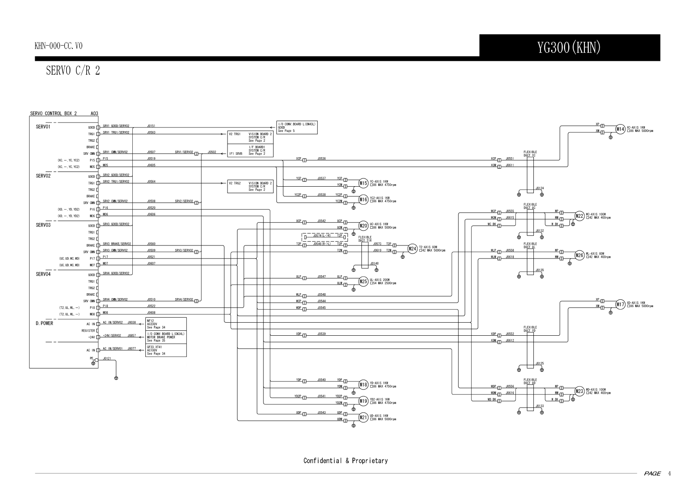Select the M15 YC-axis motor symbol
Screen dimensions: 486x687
point(364,183)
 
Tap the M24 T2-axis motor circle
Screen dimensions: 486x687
point(413,249)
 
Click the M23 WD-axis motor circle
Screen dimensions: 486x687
point(580,391)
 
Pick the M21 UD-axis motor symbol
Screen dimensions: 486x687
point(364,417)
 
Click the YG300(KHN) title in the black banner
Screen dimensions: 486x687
point(569,48)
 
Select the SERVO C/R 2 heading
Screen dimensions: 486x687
point(73,71)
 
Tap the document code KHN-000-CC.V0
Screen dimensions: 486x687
point(58,46)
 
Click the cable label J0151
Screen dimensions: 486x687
point(151,126)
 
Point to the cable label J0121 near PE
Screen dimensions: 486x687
point(107,358)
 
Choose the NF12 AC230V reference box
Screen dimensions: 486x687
point(166,324)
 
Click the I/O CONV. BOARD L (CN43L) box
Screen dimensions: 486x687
point(297,127)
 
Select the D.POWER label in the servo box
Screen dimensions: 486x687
point(45,323)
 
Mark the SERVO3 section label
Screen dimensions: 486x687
point(43,225)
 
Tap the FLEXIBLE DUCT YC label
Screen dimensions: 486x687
point(530,154)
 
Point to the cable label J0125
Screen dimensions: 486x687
point(540,363)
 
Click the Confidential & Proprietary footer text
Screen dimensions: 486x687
point(345,461)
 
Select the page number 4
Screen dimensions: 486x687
point(669,473)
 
